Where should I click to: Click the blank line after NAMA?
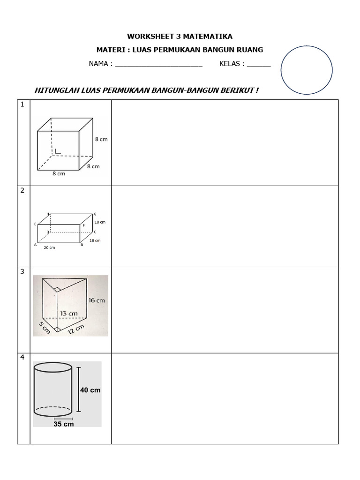(158, 65)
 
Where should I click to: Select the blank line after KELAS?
(259, 65)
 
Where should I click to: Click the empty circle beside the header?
(307, 70)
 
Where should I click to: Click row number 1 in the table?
(22, 105)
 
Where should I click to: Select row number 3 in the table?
(22, 272)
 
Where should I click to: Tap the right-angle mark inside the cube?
(58, 151)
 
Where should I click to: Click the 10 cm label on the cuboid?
(100, 222)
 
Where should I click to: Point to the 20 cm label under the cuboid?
(49, 247)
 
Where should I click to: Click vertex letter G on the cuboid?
(95, 214)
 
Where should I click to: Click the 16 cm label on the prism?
(97, 300)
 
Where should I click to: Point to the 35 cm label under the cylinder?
(63, 424)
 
